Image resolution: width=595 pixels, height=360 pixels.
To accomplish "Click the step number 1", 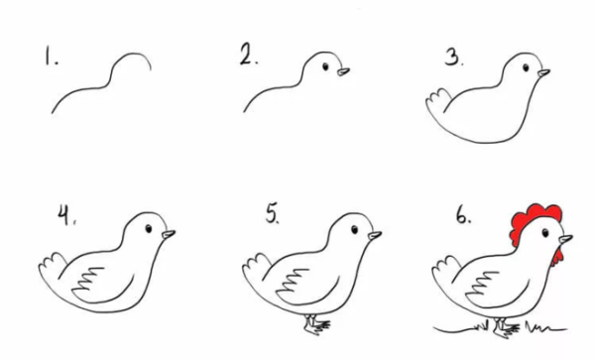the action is tap(52, 56).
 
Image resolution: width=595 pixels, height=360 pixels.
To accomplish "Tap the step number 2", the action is tap(249, 55).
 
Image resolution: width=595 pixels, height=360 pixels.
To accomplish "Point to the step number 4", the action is tap(66, 214).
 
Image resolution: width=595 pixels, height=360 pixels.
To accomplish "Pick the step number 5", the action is tap(273, 213).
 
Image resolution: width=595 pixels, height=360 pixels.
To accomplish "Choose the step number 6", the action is tap(463, 215).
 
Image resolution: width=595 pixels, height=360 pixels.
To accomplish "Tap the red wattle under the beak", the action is tap(557, 257).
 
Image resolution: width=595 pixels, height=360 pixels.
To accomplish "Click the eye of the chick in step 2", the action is tap(325, 66).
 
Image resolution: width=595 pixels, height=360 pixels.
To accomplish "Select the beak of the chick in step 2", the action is tap(343, 71).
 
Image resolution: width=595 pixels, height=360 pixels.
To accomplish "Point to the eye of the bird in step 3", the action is tap(526, 67).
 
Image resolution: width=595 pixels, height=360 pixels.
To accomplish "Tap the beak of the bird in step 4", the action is tap(169, 234).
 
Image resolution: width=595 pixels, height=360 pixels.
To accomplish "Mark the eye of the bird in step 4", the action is tap(149, 228).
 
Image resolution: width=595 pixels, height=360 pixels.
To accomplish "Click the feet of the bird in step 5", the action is tap(317, 324).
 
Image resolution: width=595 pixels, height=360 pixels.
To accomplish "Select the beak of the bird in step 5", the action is tap(375, 235).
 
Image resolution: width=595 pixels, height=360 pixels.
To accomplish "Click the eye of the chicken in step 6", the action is tap(545, 233).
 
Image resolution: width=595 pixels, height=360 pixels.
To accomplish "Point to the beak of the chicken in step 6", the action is tap(566, 239).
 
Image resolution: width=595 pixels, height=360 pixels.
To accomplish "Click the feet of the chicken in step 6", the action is tap(506, 328).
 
